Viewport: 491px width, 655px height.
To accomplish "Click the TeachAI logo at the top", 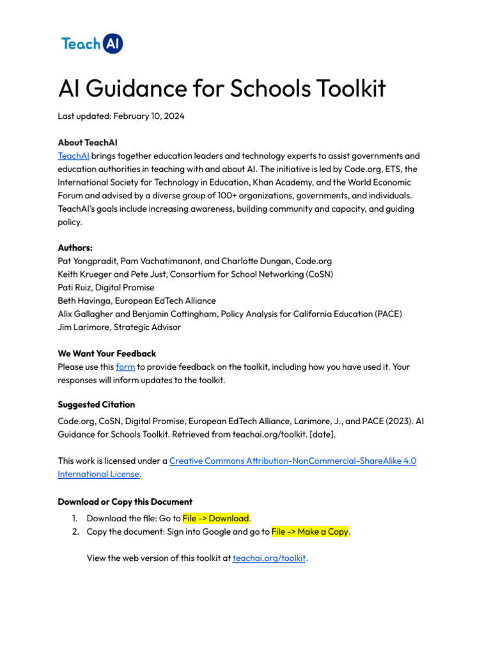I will (x=92, y=43).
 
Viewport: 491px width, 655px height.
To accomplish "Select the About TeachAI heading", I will (x=87, y=142).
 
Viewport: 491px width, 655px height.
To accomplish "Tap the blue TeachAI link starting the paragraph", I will (x=74, y=155).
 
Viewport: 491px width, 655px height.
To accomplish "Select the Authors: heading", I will (x=75, y=248).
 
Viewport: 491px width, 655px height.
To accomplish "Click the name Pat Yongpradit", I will (x=87, y=261).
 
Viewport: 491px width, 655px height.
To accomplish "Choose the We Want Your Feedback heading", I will (x=107, y=354).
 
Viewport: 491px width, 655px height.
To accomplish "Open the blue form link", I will (x=125, y=367).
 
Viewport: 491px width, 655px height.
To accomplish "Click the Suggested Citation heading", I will (x=97, y=405).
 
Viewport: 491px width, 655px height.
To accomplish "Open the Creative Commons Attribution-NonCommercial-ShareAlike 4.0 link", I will (x=293, y=461).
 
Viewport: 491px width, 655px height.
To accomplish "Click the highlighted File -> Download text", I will (x=215, y=518).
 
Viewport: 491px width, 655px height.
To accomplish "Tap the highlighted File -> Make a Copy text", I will (x=310, y=532).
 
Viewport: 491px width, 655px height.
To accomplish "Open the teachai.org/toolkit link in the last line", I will (x=269, y=558).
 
